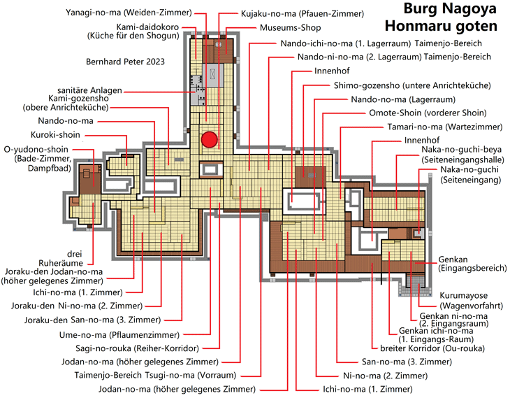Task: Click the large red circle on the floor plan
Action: coord(209,139)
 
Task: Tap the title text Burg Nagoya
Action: coord(450,9)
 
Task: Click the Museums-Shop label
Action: coord(290,28)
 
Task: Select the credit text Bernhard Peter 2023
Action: coord(125,62)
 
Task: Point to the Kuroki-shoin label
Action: coord(55,135)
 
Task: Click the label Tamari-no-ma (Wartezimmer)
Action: coord(444,127)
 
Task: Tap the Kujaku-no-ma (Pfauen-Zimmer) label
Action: coord(303,14)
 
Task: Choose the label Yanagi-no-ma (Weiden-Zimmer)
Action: coord(129,13)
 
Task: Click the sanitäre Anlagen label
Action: coord(89,90)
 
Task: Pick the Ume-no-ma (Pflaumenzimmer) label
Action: coord(119,335)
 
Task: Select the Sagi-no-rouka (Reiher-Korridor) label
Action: coord(137,348)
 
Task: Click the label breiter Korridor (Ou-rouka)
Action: coord(432,348)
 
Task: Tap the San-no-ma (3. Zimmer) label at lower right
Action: coord(407,362)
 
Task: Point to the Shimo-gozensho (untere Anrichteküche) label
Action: coord(412,85)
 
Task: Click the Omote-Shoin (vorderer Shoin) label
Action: coord(428,113)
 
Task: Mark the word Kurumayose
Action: coord(463,295)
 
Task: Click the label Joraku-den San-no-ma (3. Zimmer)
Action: coord(92,320)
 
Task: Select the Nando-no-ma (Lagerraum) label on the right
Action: coord(403,99)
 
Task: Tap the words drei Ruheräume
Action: coord(61,258)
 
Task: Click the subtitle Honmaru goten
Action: coord(441,26)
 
